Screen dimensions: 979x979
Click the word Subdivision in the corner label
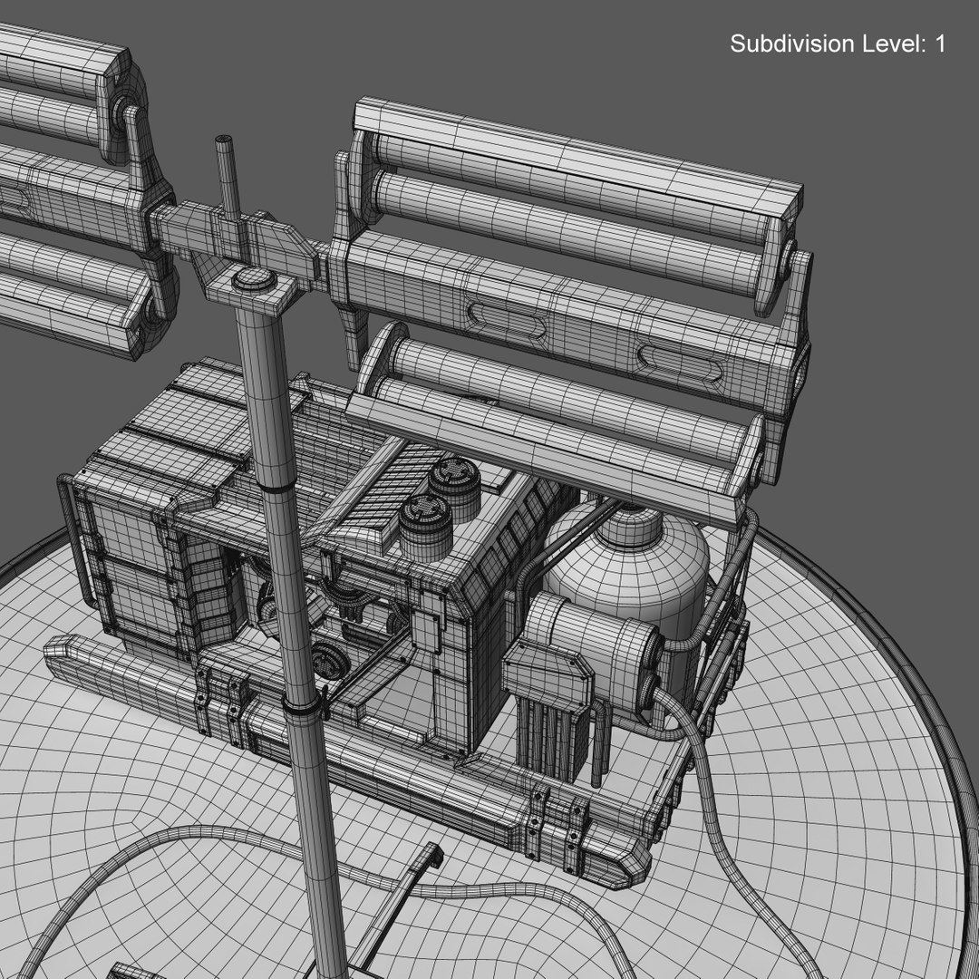[x=790, y=44]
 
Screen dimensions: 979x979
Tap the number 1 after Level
[x=939, y=44]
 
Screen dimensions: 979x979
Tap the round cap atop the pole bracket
[x=253, y=278]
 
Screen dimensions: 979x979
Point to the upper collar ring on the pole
[x=276, y=488]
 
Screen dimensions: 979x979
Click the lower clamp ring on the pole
[x=304, y=705]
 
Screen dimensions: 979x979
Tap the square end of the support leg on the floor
[x=428, y=855]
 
